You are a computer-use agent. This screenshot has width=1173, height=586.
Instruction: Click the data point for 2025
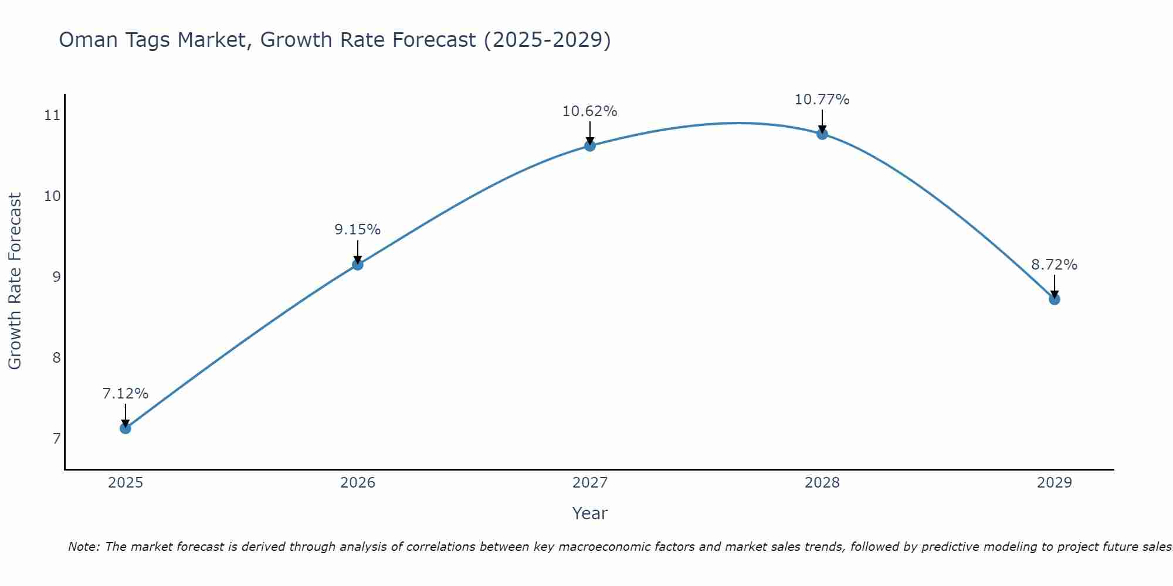[125, 428]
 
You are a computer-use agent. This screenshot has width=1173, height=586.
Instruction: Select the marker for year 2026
[357, 264]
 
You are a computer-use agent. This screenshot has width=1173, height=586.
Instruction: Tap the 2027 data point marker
[589, 145]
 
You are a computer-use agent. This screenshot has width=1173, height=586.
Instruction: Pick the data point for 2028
[822, 134]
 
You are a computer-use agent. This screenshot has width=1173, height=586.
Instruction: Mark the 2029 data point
[1054, 299]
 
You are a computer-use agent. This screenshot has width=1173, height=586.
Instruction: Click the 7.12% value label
[125, 394]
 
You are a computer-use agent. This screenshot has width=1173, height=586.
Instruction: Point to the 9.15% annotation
[357, 230]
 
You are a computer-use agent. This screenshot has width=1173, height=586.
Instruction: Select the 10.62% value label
[589, 111]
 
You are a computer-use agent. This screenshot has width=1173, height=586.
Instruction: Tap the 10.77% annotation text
[822, 100]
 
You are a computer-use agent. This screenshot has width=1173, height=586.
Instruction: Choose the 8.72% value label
[1054, 265]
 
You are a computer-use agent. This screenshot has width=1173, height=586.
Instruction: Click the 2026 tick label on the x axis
[357, 483]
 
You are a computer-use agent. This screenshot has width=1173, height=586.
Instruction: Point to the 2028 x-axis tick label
[822, 483]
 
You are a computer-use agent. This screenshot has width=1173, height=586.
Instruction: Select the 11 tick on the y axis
[52, 115]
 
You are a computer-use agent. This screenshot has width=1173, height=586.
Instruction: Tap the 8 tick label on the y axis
[56, 357]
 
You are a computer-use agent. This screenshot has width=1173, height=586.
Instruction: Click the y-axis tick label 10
[52, 196]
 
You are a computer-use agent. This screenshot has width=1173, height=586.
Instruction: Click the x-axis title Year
[589, 513]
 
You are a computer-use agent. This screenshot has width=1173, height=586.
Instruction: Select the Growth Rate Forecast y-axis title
[15, 281]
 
